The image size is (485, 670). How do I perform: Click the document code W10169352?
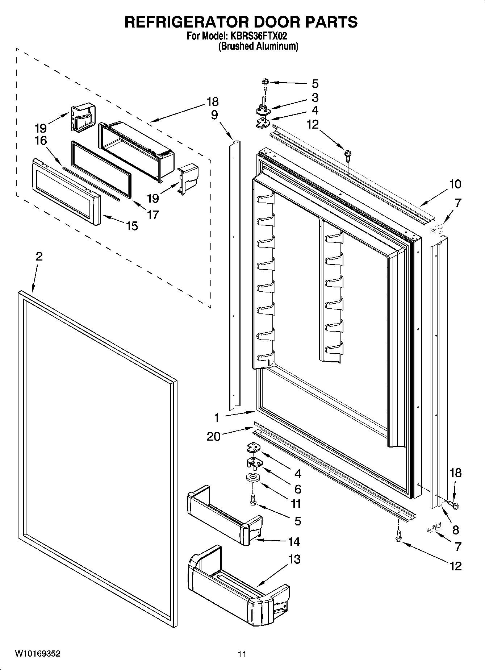[38, 654]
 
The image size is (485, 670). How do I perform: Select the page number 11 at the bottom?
[242, 654]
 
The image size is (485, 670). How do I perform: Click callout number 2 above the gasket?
[39, 256]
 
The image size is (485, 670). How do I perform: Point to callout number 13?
[295, 559]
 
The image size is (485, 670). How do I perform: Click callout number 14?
[294, 542]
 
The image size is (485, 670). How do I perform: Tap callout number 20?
[213, 436]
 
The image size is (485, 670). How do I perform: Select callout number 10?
[455, 184]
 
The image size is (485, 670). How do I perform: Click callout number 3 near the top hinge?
[315, 97]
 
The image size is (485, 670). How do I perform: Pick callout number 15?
[132, 226]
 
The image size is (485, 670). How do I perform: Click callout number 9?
[214, 115]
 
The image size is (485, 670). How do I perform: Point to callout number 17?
[153, 215]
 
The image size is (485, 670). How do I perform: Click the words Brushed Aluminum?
[258, 46]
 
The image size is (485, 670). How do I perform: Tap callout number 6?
[298, 489]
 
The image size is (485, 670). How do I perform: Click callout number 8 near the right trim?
[455, 530]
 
